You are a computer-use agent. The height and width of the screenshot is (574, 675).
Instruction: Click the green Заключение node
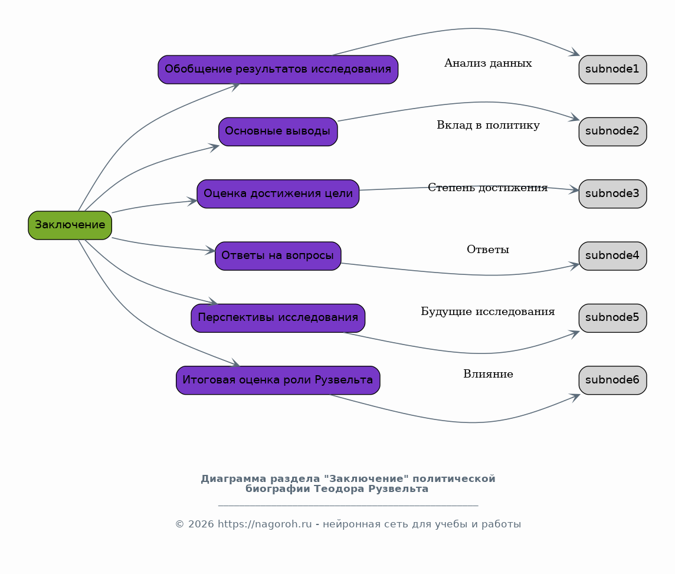click(70, 225)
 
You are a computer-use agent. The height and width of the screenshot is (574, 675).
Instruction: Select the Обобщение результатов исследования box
click(278, 69)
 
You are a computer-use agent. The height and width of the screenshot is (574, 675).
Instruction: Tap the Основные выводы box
click(278, 132)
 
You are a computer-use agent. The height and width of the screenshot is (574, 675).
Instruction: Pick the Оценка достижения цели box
click(278, 193)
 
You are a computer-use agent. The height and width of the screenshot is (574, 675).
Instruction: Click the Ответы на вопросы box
click(278, 256)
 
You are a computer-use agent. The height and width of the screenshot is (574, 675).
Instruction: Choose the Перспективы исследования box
click(278, 318)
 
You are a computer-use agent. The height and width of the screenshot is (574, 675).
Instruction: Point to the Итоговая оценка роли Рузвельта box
click(278, 381)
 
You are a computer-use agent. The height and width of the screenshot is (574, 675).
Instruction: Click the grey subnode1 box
click(612, 69)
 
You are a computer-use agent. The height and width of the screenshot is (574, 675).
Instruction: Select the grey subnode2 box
click(612, 132)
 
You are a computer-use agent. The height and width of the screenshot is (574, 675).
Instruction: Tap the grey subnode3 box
click(612, 193)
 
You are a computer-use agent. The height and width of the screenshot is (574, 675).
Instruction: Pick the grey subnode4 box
click(612, 256)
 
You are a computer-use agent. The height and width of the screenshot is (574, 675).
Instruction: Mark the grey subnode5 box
click(612, 318)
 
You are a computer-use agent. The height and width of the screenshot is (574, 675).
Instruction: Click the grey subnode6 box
click(612, 381)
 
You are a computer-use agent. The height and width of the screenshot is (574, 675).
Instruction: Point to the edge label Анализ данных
click(488, 63)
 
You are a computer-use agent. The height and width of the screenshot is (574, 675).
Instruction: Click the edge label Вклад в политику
click(488, 125)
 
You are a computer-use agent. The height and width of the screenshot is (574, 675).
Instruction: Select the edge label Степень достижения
click(488, 188)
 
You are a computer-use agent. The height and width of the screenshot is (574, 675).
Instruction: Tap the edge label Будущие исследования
click(488, 311)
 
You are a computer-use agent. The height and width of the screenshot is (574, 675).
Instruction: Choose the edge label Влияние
click(488, 374)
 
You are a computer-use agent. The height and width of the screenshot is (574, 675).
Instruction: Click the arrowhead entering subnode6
click(575, 396)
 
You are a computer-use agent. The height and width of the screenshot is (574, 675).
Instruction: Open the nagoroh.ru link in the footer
click(265, 524)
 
